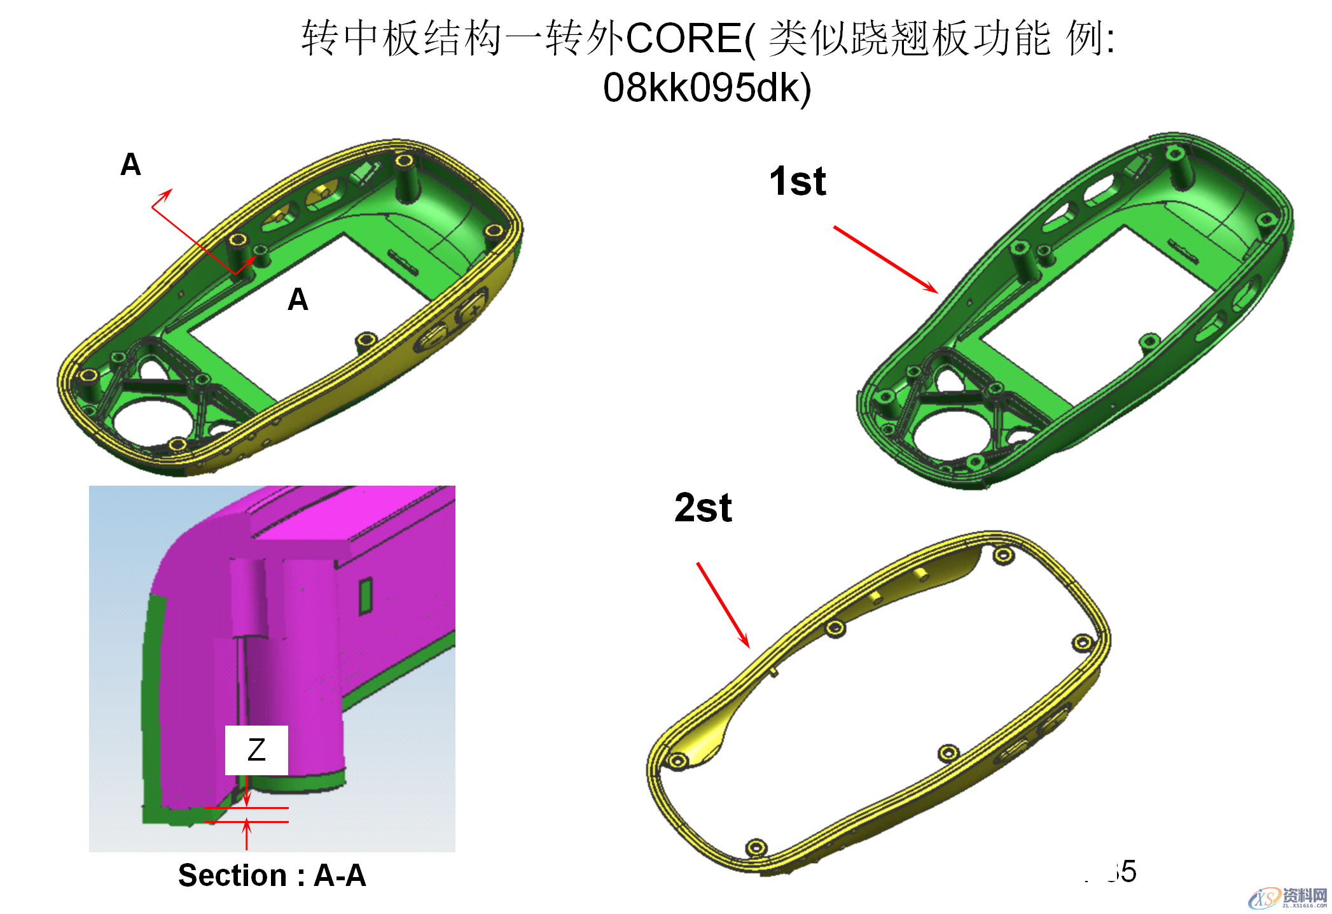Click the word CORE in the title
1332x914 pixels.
pyautogui.click(x=683, y=38)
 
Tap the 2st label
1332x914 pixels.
pyautogui.click(x=703, y=508)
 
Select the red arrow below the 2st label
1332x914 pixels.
pyautogui.click(x=723, y=605)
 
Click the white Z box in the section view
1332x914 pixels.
pyautogui.click(x=256, y=750)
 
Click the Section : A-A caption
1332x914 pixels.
pyautogui.click(x=272, y=875)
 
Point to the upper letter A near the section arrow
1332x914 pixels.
pyautogui.click(x=130, y=165)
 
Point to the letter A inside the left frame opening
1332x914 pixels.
pyautogui.click(x=298, y=299)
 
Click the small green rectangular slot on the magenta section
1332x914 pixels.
pyautogui.click(x=365, y=596)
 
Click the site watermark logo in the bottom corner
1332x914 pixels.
pyautogui.click(x=1287, y=897)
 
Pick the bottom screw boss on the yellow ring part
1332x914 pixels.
pyautogui.click(x=756, y=847)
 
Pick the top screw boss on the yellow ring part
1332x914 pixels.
pyautogui.click(x=1003, y=556)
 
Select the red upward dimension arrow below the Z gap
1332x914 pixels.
pyautogui.click(x=247, y=834)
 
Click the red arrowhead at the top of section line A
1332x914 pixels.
pyautogui.click(x=166, y=193)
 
